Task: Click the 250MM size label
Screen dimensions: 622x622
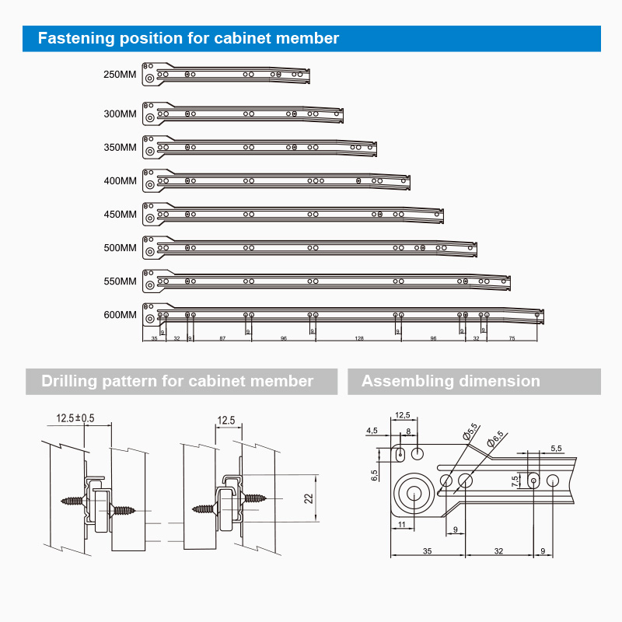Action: click(x=120, y=75)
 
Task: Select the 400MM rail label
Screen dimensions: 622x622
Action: click(x=120, y=181)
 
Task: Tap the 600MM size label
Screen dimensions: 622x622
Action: click(x=120, y=315)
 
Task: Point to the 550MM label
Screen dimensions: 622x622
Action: click(x=120, y=281)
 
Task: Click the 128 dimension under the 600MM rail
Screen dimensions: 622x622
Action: click(x=359, y=339)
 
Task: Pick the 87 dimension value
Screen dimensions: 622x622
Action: click(x=222, y=339)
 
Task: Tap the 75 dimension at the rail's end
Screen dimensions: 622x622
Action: click(x=512, y=339)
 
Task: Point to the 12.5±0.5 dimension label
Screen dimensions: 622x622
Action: click(x=75, y=418)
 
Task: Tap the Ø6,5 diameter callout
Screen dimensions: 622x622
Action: click(x=495, y=439)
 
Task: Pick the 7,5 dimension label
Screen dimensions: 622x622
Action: click(x=515, y=481)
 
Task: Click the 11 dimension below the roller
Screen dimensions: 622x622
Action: click(x=401, y=525)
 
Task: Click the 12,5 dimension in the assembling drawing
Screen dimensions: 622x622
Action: click(x=402, y=415)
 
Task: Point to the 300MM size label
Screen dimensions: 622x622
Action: click(x=120, y=114)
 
